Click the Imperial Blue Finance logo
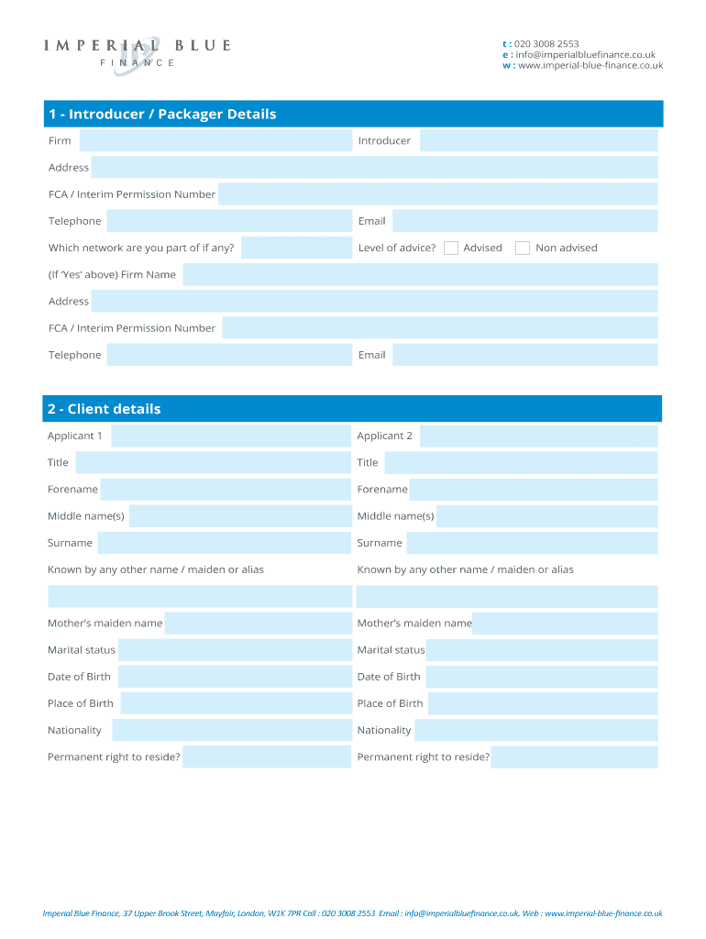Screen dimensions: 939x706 pos(138,52)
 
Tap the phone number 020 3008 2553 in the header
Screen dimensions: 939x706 pos(546,43)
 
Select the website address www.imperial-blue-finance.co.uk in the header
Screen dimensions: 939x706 pos(590,65)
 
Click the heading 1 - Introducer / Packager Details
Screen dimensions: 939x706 pos(162,114)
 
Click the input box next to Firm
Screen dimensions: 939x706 pos(215,140)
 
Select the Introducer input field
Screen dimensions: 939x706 pos(538,140)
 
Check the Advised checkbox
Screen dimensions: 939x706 pos(451,248)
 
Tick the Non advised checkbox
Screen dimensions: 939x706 pos(523,248)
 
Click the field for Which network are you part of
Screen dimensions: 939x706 pos(296,248)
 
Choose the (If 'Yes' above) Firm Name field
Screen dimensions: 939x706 pos(420,274)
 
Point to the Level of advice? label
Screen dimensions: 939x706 pos(397,248)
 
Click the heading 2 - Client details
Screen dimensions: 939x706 pos(105,409)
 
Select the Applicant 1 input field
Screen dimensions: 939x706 pos(231,436)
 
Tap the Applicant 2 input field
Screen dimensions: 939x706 pos(538,436)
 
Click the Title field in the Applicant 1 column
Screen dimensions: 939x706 pos(214,462)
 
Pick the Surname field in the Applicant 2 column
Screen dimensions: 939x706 pos(532,543)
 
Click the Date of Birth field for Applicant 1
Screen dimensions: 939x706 pos(235,677)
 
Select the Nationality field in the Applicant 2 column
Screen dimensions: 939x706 pos(536,730)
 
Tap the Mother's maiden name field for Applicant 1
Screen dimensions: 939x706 pos(258,624)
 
